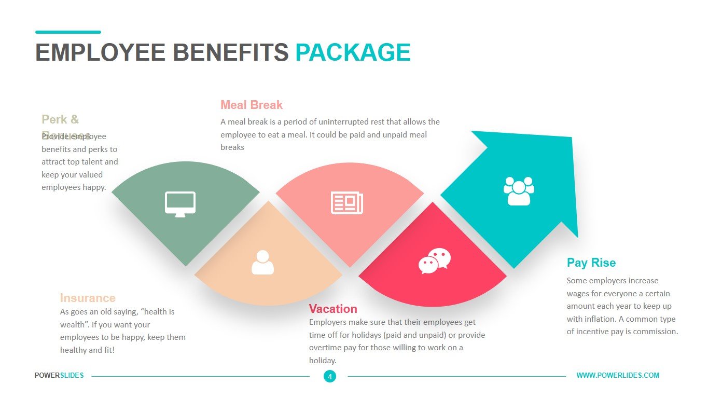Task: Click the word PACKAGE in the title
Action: coord(353,53)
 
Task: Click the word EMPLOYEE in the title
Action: coord(100,53)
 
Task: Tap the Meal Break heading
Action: coord(252,105)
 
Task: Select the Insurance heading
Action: coord(88,298)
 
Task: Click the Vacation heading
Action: coord(333,309)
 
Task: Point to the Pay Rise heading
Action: coord(591,263)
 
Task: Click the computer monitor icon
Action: coord(180,203)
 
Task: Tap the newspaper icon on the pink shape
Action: coord(347,203)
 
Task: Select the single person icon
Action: coord(262,263)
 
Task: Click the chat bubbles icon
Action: coord(435,260)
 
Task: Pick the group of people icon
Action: coord(519,191)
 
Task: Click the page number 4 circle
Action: coord(330,376)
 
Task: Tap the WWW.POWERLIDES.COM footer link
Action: coord(618,375)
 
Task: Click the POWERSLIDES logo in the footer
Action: coord(59,375)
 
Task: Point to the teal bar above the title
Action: coord(68,32)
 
